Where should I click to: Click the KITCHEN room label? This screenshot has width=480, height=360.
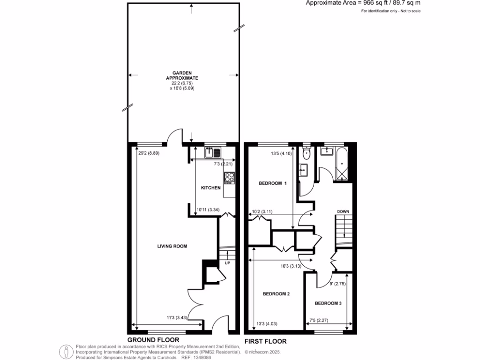(210, 188)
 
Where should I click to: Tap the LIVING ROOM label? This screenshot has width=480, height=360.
(172, 246)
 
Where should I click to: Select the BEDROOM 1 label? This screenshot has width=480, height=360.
(272, 183)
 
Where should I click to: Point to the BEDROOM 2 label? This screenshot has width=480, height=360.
(276, 294)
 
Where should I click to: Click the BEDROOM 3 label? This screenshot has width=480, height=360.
(328, 303)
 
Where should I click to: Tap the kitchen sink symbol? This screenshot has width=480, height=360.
(213, 152)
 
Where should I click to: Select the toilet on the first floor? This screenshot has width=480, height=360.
(307, 153)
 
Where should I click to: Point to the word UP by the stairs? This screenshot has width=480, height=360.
(228, 263)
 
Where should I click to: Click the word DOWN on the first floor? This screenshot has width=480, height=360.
(343, 212)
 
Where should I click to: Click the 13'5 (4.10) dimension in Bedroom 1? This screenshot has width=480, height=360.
(281, 152)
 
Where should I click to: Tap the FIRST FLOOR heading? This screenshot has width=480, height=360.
(265, 341)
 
